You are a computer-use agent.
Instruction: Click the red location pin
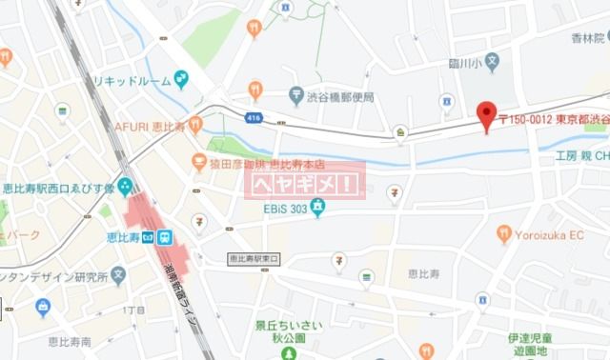pyautogui.click(x=487, y=115)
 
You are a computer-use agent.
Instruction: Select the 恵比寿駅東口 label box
pyautogui.click(x=253, y=258)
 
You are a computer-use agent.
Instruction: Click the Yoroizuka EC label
pyautogui.click(x=554, y=235)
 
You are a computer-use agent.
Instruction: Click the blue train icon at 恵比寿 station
pyautogui.click(x=166, y=235)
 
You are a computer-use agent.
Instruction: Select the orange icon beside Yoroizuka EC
pyautogui.click(x=503, y=235)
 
